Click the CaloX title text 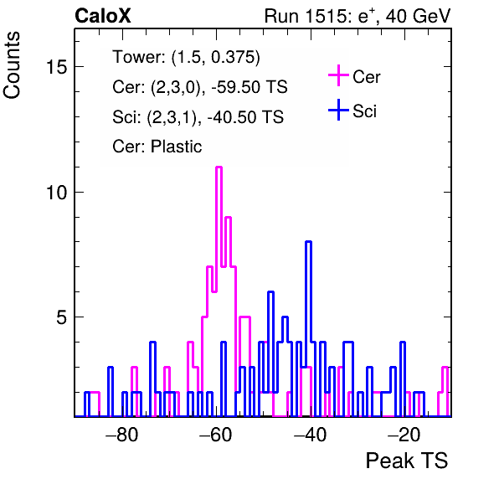pyautogui.click(x=103, y=16)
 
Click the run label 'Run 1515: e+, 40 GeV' pyautogui.click(x=358, y=16)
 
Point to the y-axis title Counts pyautogui.click(x=12, y=65)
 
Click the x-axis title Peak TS pyautogui.click(x=406, y=461)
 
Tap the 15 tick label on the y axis pyautogui.click(x=57, y=67)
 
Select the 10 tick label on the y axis pyautogui.click(x=57, y=193)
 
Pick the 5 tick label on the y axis pyautogui.click(x=62, y=317)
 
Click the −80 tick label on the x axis pyautogui.click(x=122, y=435)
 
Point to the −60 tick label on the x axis pyautogui.click(x=216, y=435)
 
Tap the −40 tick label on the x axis pyautogui.click(x=311, y=435)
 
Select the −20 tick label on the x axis pyautogui.click(x=404, y=435)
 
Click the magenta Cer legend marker pyautogui.click(x=338, y=75)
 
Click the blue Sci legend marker pyautogui.click(x=338, y=111)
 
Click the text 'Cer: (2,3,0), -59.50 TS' pyautogui.click(x=200, y=87)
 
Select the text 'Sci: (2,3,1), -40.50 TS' pyautogui.click(x=198, y=116)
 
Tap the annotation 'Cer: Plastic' pyautogui.click(x=157, y=147)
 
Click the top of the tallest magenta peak pyautogui.click(x=219, y=167)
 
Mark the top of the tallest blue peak pyautogui.click(x=308, y=242)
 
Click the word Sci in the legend pyautogui.click(x=365, y=111)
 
